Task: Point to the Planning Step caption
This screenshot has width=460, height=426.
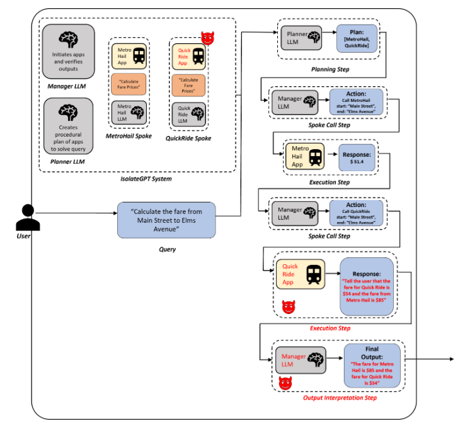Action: point(330,69)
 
